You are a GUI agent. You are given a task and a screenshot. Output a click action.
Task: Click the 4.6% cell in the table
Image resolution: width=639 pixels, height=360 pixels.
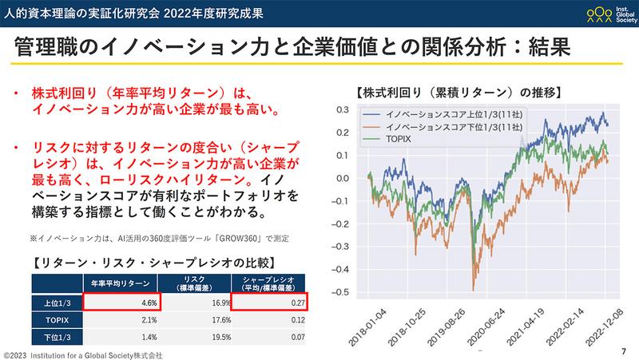[x=121, y=301]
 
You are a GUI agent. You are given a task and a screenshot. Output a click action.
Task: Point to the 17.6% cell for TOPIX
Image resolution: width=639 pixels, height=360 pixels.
[x=195, y=319]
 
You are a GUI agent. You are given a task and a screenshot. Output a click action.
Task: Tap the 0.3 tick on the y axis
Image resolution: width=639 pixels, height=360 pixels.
[x=341, y=109]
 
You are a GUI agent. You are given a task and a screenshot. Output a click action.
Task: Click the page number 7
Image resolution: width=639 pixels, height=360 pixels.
[x=623, y=352]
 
